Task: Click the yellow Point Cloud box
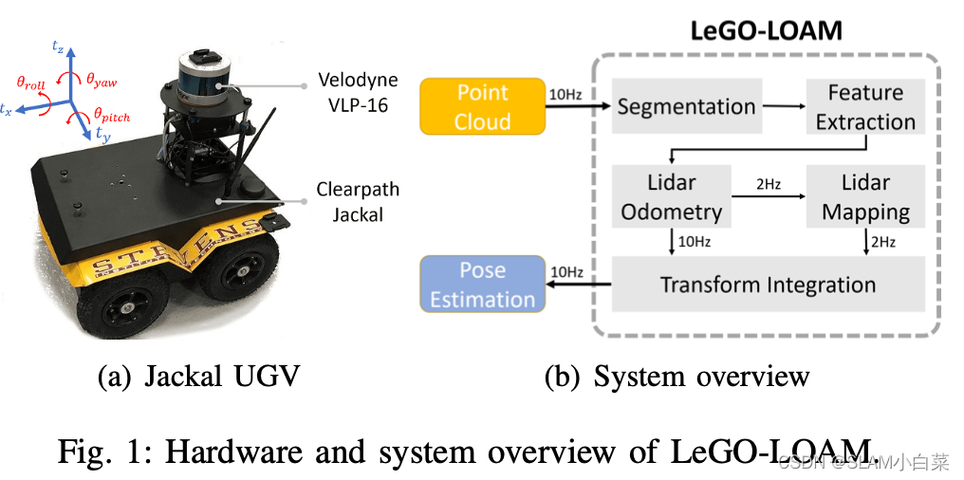[482, 106]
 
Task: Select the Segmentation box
[685, 106]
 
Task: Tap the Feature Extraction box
[864, 106]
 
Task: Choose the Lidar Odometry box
[671, 196]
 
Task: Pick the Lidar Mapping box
[864, 196]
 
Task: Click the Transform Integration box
[768, 284]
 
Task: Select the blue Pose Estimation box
[482, 284]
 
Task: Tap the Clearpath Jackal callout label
[358, 201]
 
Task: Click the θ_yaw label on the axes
[102, 82]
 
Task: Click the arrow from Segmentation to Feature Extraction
[781, 106]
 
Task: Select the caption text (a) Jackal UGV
[198, 377]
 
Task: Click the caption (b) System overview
[677, 377]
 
